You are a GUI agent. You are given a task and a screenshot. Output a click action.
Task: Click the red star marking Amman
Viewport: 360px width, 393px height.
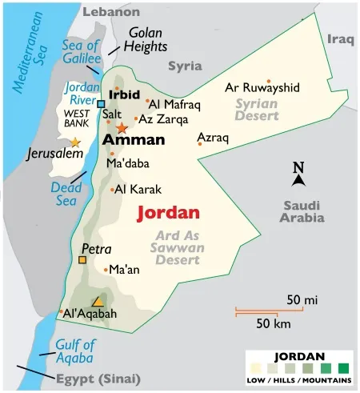[x=122, y=128]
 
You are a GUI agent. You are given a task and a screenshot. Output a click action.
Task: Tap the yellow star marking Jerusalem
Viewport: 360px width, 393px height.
[x=75, y=142]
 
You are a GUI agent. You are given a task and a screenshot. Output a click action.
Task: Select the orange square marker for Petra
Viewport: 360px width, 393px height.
[x=82, y=259]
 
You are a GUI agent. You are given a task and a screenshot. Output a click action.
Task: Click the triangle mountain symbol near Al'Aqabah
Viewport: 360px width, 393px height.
[x=97, y=302]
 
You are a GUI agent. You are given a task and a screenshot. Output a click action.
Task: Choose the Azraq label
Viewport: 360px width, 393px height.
[x=213, y=138]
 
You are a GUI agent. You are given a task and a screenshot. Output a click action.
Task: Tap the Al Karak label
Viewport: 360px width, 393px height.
[x=138, y=190]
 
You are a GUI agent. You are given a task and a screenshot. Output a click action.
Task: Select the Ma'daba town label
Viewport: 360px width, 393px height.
[x=127, y=163]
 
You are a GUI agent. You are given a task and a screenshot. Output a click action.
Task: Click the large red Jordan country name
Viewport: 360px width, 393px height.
[x=167, y=214]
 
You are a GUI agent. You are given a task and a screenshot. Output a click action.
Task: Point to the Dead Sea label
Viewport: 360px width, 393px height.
[x=66, y=192]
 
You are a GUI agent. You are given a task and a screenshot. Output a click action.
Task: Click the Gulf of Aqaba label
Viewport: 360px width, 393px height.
[x=75, y=351]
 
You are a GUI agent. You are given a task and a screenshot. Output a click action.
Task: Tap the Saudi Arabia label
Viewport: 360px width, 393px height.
[x=302, y=211]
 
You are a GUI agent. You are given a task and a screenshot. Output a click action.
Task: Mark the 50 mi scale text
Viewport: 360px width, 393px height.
[x=302, y=299]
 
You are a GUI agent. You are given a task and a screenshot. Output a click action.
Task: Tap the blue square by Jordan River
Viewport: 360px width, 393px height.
[x=102, y=103]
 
